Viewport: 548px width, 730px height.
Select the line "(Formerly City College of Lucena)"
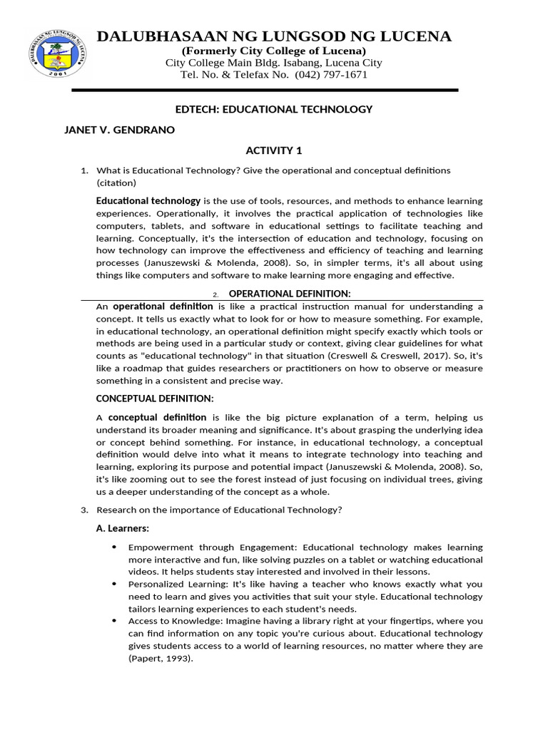point(274,51)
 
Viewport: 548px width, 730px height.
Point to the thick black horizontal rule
point(265,91)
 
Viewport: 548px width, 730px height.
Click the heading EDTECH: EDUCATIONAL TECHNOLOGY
point(274,109)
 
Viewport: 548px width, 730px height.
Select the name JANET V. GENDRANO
point(119,130)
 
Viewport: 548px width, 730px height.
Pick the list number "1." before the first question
point(84,170)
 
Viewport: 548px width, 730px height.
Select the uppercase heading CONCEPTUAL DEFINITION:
point(155,398)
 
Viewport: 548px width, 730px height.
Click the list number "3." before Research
point(84,510)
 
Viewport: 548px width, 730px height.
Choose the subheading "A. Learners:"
point(122,528)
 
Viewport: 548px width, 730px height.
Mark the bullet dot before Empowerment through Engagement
point(115,547)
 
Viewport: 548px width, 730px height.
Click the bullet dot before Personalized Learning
point(115,584)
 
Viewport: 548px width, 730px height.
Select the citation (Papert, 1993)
point(161,659)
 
